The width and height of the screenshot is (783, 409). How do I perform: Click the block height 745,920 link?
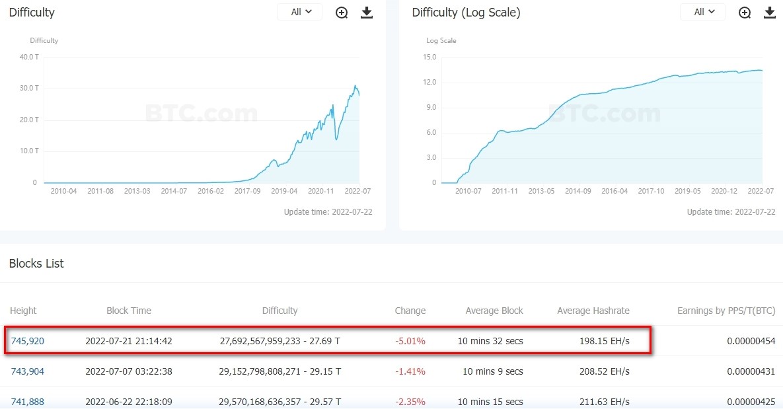(x=28, y=342)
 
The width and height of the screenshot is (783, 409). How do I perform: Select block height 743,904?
(x=28, y=371)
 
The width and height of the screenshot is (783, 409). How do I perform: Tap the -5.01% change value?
(x=410, y=342)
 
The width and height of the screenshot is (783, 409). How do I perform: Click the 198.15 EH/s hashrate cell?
(x=602, y=342)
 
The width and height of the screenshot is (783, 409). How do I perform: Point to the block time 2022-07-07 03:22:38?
(x=129, y=371)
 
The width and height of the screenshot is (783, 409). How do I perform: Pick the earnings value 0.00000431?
(x=751, y=371)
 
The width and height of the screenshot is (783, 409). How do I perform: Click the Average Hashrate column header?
(x=593, y=311)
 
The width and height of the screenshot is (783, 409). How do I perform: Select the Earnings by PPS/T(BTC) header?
(x=726, y=311)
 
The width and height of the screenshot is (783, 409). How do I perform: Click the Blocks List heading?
(x=36, y=264)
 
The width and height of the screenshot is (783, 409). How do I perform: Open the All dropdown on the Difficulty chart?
(x=299, y=12)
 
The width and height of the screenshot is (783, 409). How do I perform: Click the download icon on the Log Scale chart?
(x=769, y=13)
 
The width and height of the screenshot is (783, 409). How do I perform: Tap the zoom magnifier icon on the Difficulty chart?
(x=342, y=13)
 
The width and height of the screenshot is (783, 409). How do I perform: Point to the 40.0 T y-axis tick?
(x=29, y=57)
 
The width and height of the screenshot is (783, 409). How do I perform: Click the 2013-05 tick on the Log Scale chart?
(x=541, y=191)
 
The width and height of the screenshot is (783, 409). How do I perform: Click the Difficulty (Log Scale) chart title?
(x=466, y=13)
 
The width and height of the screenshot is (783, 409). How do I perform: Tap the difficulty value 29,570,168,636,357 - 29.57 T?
(x=280, y=402)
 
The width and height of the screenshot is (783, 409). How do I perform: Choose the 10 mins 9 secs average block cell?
(x=492, y=371)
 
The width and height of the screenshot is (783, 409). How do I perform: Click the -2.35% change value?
(x=410, y=402)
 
